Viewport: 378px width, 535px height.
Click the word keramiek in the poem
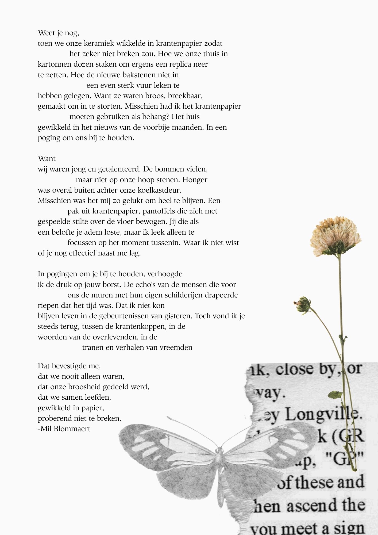(99, 43)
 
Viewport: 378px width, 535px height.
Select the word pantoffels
(160, 211)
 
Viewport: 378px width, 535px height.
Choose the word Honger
(195, 180)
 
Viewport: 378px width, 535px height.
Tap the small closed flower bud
(303, 304)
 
